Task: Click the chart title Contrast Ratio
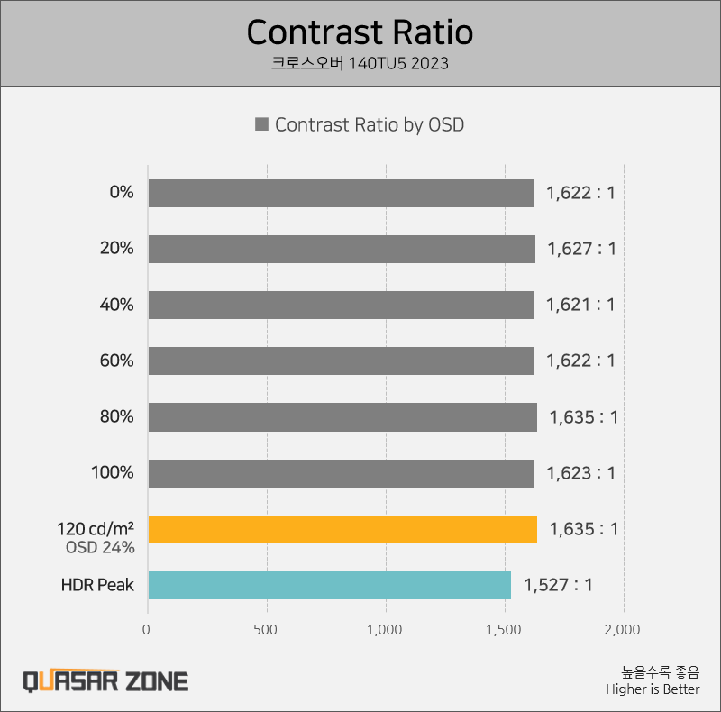360,32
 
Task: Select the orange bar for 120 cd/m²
342,529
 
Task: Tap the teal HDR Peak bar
329,585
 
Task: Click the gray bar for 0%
341,193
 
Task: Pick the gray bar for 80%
342,417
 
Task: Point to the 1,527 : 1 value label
558,585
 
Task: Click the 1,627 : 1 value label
581,249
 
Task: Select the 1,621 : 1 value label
580,305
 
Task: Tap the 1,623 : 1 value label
580,473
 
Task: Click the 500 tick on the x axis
267,629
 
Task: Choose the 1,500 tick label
505,629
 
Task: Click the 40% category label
116,305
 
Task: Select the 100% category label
113,473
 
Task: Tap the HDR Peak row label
97,585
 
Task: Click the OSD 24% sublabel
100,547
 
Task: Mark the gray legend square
262,125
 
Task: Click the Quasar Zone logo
105,680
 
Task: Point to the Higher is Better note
653,689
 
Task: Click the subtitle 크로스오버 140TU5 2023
360,64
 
